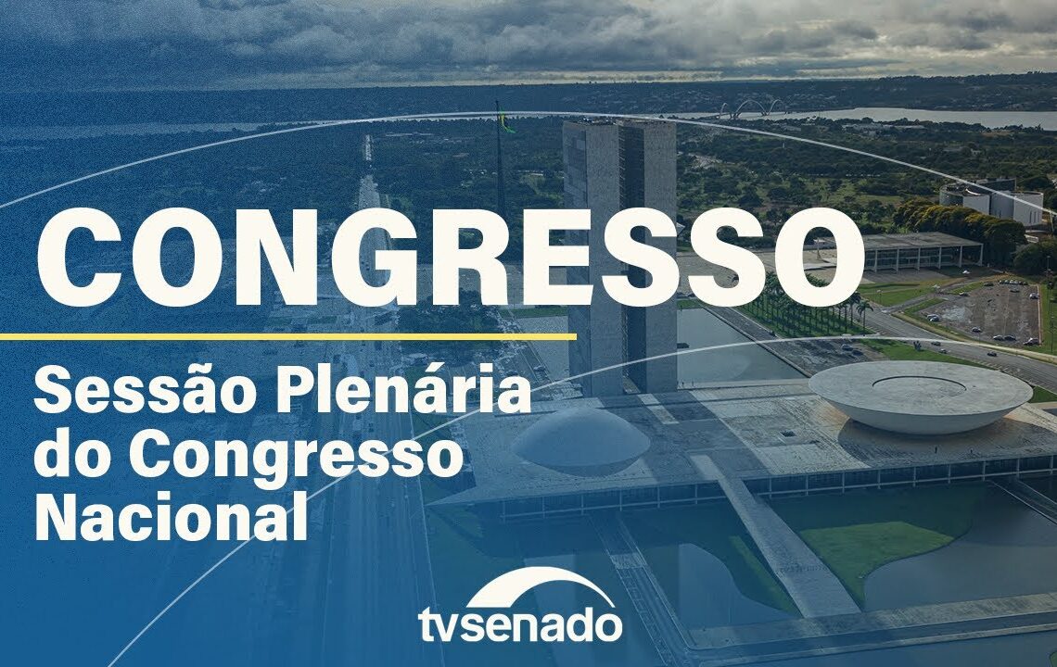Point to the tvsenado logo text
coord(519,623)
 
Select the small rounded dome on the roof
coord(582,436)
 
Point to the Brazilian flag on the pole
coord(505,122)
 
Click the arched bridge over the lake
coord(751,108)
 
